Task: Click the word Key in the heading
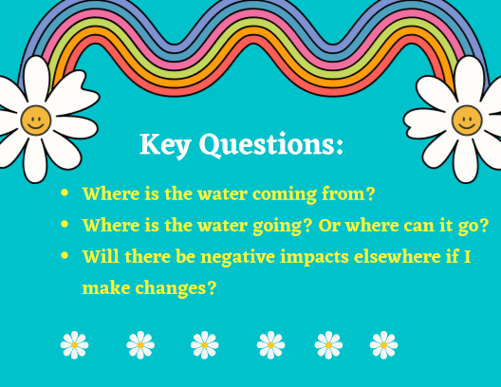coord(165,145)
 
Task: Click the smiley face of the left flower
coord(36,120)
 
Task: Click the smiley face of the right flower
coord(467,120)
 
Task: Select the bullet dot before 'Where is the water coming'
coord(65,193)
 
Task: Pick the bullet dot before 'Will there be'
coord(65,255)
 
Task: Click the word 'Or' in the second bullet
coord(328,226)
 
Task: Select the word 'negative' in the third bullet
coord(238,257)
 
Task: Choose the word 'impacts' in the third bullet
coord(314,258)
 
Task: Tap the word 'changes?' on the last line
coord(176,288)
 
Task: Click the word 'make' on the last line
coord(106,287)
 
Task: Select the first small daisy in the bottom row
coord(74,345)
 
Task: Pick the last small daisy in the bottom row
coord(383,345)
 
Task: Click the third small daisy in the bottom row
coord(205,345)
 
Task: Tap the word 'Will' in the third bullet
coord(101,256)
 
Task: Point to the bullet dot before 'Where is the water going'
coord(65,224)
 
